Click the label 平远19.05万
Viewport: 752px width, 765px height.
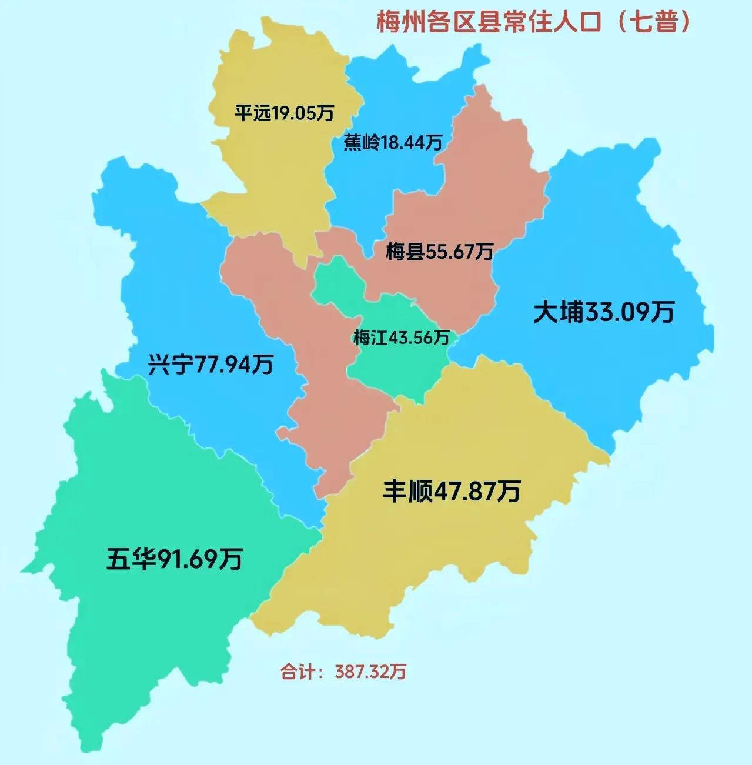pos(284,112)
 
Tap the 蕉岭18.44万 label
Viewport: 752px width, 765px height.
pos(392,142)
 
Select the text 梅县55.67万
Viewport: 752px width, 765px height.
pos(439,252)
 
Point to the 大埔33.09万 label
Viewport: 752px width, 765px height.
pos(603,312)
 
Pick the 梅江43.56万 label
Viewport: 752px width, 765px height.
pos(401,338)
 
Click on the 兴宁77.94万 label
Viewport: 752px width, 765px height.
pos(210,365)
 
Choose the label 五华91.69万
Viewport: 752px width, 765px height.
pos(174,559)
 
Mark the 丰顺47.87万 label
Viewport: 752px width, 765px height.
pos(452,490)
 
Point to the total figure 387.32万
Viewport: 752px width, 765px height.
pos(370,672)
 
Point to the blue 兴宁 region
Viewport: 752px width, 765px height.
pos(176,282)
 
